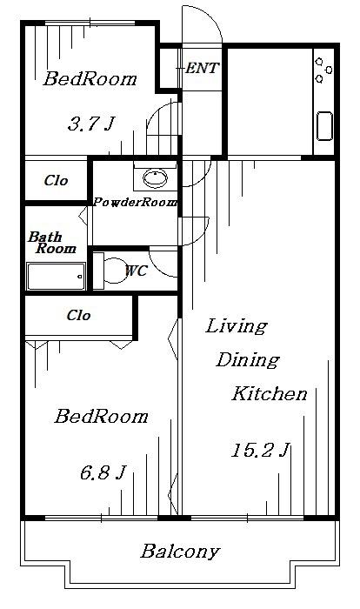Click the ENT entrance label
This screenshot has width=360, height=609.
tap(202, 68)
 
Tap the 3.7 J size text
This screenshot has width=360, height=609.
tap(91, 124)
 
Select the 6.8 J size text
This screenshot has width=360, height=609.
tap(103, 472)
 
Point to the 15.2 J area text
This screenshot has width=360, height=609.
tap(261, 450)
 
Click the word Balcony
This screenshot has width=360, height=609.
tap(180, 552)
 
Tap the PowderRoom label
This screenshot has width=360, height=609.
tap(135, 202)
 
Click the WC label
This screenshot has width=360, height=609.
tap(136, 271)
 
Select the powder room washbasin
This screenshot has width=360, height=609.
tap(156, 178)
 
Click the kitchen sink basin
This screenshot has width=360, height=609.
tap(324, 126)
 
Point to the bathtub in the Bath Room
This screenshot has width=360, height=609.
tap(56, 276)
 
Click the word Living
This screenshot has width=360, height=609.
tap(237, 326)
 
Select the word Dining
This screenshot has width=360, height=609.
tap(248, 360)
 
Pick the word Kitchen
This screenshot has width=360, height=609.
tap(270, 393)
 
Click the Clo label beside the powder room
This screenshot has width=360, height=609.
tap(57, 180)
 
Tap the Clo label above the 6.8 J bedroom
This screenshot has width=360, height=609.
tap(79, 315)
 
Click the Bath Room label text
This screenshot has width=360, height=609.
tap(51, 243)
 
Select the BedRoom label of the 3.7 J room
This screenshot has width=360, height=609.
tap(90, 79)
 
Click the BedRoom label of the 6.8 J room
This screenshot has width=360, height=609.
tap(102, 417)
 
